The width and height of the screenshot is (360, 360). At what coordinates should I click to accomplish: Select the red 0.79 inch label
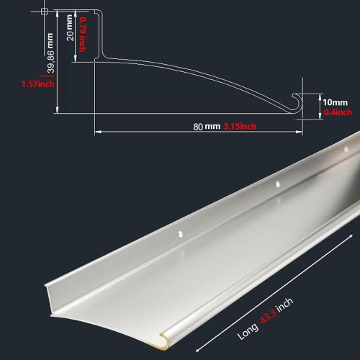pos(84,35)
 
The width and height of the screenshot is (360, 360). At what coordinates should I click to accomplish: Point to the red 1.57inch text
pos(37,84)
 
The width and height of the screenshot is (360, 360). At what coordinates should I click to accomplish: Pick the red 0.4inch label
pos(338,112)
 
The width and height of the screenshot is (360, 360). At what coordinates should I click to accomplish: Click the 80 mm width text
pos(207,127)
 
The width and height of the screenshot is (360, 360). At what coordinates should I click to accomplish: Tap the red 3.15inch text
pos(240,127)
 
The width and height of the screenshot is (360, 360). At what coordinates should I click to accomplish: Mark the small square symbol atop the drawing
pos(45,12)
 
